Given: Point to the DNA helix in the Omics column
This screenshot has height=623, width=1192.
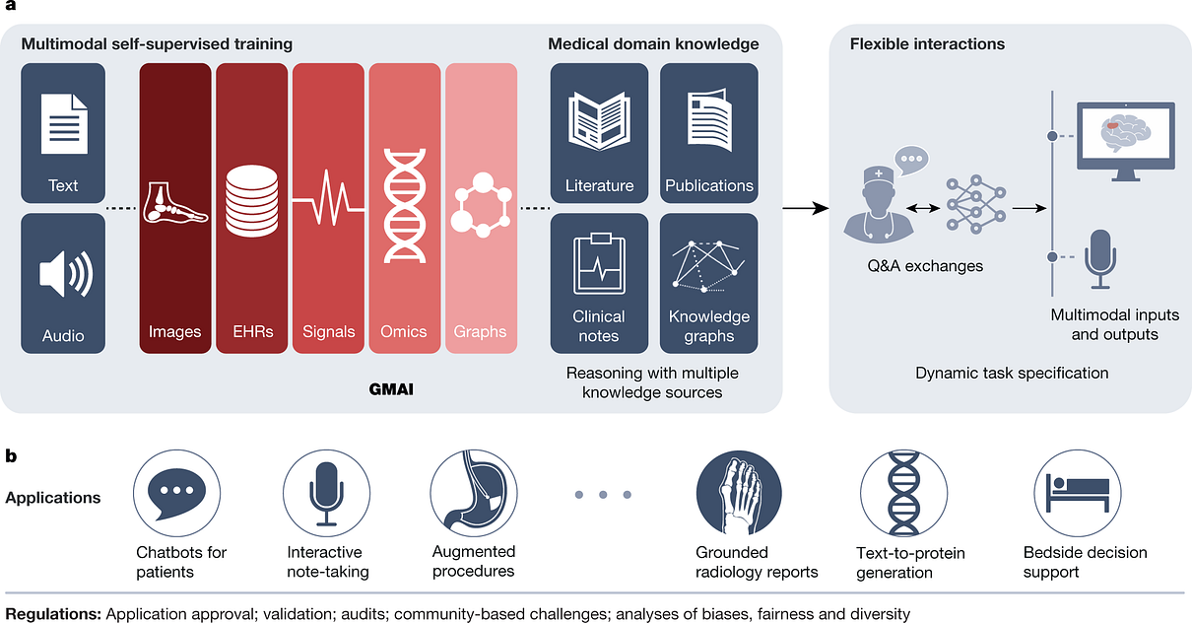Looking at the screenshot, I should [406, 205].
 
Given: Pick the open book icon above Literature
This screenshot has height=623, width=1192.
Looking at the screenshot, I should [599, 119].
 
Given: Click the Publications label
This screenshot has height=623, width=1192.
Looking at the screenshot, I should [708, 185].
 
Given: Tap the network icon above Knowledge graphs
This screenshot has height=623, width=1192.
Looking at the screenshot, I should [708, 264].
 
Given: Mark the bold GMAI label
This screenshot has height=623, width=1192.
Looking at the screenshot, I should [392, 390].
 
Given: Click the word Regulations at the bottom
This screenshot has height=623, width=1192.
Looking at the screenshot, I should [52, 613].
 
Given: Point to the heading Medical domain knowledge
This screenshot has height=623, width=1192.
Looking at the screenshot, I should [653, 44].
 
